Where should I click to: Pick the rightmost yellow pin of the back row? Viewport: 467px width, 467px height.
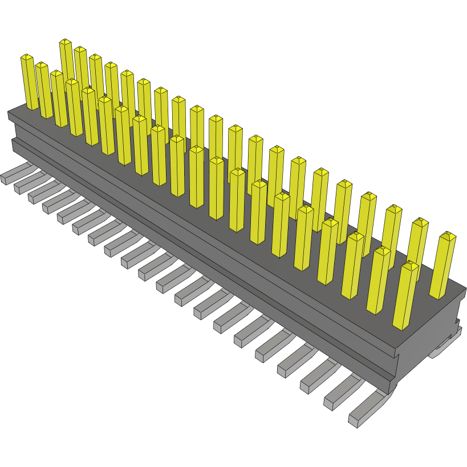[x=442, y=265]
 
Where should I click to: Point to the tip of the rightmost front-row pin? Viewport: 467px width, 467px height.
[x=410, y=263]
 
